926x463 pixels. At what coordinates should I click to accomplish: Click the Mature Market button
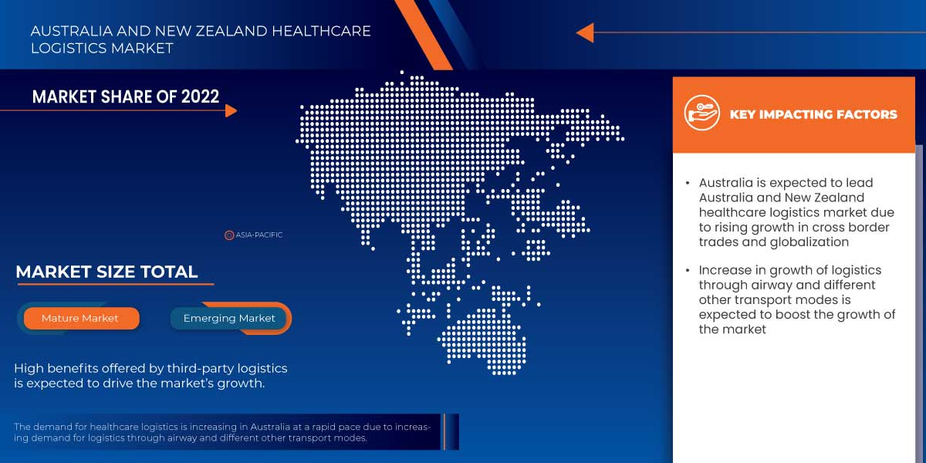click(80, 318)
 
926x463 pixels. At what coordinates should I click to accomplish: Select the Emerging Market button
click(229, 318)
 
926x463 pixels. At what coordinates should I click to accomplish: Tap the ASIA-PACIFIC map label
click(259, 235)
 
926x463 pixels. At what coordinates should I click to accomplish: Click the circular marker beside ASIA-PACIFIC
click(229, 235)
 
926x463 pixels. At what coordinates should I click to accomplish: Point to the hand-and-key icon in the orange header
click(701, 114)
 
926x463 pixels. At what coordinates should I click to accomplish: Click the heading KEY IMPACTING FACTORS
click(813, 114)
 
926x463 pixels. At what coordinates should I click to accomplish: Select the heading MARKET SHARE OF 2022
click(126, 96)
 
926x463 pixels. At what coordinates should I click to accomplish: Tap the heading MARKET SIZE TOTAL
click(106, 272)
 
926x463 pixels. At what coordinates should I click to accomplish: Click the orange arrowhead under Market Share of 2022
click(231, 111)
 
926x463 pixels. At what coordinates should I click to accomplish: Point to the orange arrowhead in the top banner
click(584, 32)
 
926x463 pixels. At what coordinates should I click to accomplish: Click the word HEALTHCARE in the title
click(317, 32)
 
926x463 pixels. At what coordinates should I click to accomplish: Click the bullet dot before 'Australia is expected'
click(688, 184)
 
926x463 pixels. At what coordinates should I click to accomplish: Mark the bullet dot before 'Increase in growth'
click(688, 271)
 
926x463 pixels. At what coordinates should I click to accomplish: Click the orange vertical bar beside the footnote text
click(444, 431)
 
